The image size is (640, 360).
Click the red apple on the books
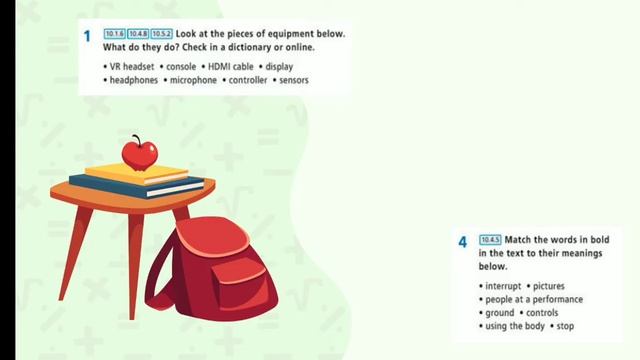[x=139, y=154]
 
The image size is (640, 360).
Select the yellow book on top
[x=136, y=173]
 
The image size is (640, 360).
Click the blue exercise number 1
[x=87, y=37]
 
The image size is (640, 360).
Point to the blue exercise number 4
[x=463, y=242]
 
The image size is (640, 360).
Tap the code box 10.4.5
[x=490, y=240]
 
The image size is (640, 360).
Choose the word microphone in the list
[x=193, y=79]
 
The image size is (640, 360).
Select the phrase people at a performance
[x=533, y=300]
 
